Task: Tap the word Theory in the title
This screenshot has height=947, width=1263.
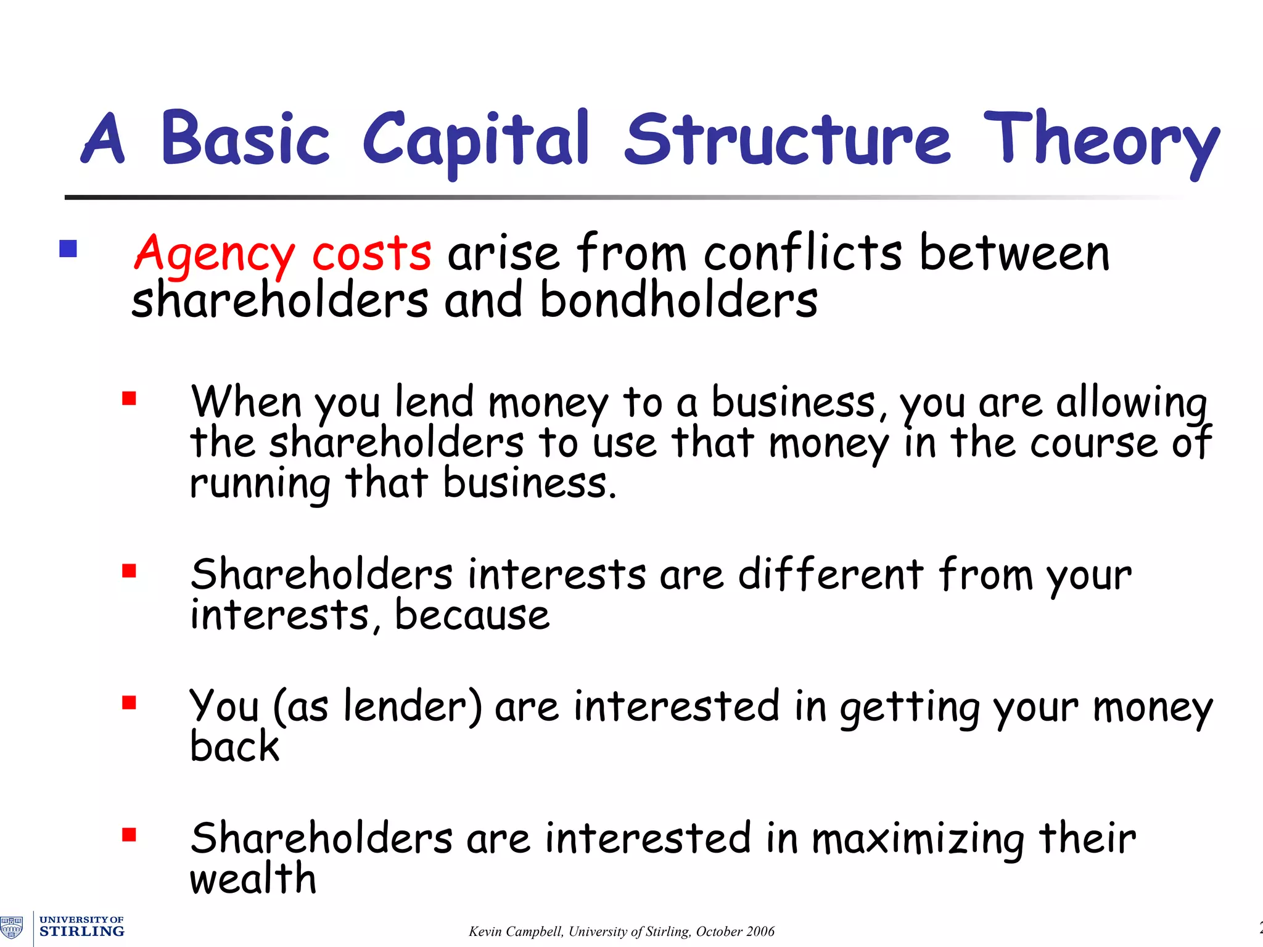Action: click(1101, 141)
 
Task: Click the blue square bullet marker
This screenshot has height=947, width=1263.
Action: click(68, 249)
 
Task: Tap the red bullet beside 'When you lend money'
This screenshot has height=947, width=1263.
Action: click(129, 399)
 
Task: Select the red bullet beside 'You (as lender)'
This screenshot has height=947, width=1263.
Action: click(129, 703)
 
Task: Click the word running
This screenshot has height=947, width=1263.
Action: click(260, 485)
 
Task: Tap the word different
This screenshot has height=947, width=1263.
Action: click(830, 575)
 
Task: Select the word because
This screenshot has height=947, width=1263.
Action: click(472, 616)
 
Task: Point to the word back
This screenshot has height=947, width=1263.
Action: click(234, 747)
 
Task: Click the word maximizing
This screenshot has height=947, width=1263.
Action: click(918, 839)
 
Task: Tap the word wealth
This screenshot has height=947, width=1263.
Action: click(253, 879)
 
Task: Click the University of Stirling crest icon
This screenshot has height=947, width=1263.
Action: click(12, 927)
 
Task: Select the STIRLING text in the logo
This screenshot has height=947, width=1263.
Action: click(82, 932)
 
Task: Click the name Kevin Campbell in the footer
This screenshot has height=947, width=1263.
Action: click(516, 932)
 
